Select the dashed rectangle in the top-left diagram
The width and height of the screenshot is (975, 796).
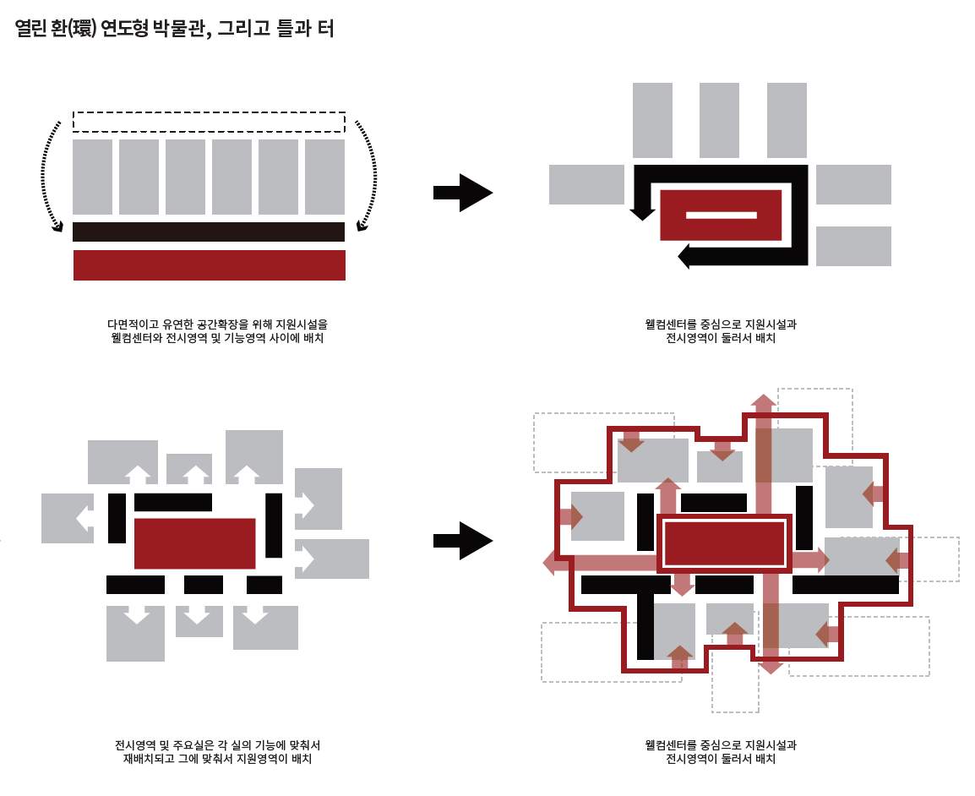coord(209,122)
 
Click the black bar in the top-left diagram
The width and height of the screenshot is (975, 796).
coord(209,232)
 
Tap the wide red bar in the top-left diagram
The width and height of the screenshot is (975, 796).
coord(210,265)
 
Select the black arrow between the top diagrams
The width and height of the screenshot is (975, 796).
coord(462,193)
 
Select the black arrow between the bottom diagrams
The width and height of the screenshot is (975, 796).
coord(462,541)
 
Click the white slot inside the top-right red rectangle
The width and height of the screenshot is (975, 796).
coord(721,215)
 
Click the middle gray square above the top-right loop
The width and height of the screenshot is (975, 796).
coord(719,120)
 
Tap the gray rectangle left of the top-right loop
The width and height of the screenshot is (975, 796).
coord(586,184)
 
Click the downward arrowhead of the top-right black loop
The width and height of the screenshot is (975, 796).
coord(643,213)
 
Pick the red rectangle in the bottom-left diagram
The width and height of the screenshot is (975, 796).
coord(194,543)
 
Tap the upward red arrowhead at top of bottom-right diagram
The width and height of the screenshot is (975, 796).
coord(764,401)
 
